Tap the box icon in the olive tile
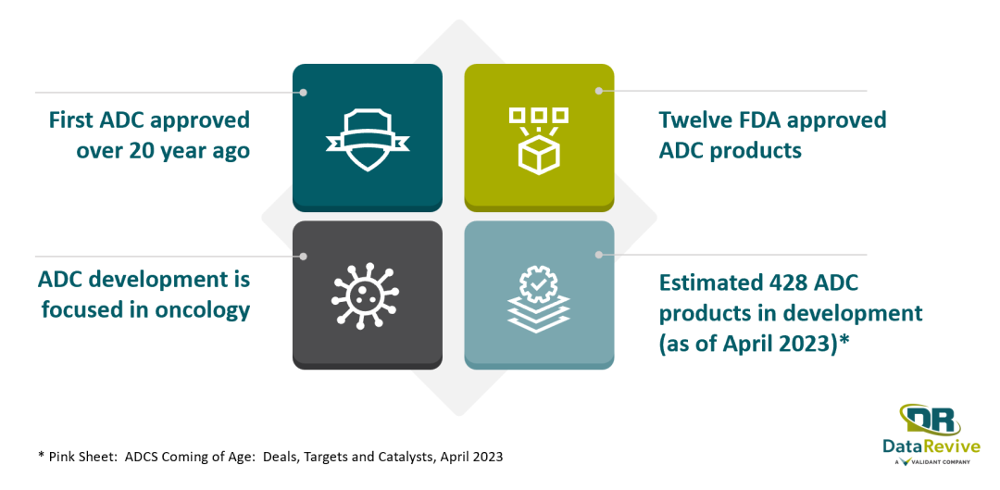[x=538, y=141]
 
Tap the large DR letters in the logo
[x=931, y=420]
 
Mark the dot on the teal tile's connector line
[x=304, y=93]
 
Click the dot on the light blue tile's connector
[x=599, y=255]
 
